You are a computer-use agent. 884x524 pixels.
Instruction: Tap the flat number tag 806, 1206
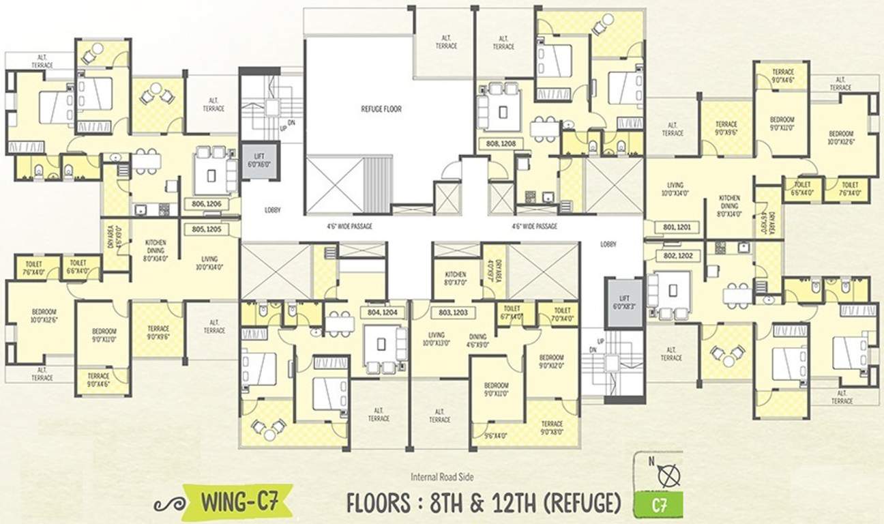[x=211, y=203]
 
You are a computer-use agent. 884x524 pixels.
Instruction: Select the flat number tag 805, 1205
[x=211, y=229]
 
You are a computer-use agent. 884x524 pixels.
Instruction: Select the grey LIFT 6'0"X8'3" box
[x=624, y=302]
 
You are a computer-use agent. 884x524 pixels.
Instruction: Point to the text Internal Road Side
[x=442, y=477]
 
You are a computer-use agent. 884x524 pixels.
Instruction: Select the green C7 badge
[x=658, y=508]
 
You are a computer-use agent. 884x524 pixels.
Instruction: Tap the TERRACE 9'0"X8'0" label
[x=550, y=428]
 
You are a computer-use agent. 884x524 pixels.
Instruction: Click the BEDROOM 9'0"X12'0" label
[x=551, y=362]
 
